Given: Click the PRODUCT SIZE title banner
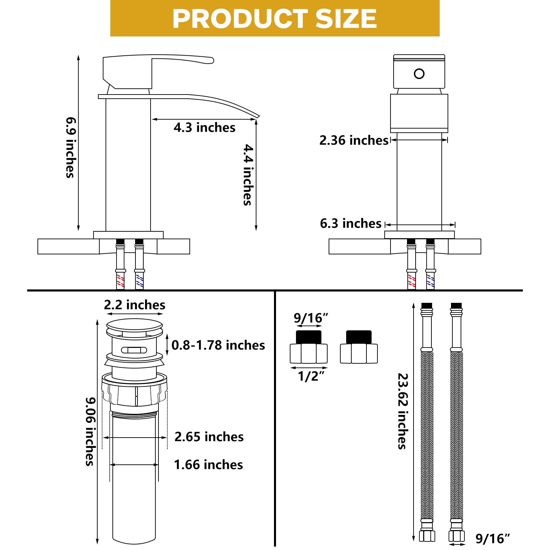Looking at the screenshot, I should point(275,18).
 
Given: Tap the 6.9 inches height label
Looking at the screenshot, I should point(70,147).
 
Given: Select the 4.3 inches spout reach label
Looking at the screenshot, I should point(205,128).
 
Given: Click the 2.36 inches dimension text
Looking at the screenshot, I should point(354,140).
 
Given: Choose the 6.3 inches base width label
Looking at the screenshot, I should point(351,223).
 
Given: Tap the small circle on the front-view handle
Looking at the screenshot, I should point(419,74).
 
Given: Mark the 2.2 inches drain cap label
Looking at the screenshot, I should point(134,305).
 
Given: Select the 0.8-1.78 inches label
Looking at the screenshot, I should point(218,345).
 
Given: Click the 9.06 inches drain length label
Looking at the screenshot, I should point(90,431).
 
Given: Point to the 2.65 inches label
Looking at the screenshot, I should point(209,437).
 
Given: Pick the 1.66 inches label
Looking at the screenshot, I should point(208,465).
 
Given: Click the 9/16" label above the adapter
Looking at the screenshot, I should point(311,318).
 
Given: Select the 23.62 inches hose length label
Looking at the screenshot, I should point(403,411).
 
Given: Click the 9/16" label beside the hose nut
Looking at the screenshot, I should point(493,539).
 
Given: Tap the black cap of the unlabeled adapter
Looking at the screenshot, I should point(359,337).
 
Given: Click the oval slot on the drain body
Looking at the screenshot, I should point(134,350).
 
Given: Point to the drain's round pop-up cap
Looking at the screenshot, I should point(134,325).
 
